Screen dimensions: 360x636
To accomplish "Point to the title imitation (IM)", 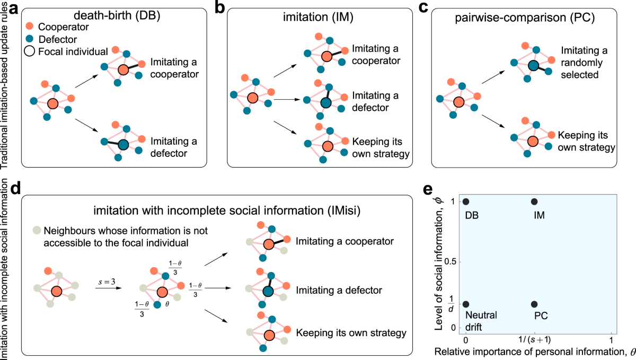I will coord(321,16).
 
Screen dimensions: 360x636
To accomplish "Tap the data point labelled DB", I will coord(466,201).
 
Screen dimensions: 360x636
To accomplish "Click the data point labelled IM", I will coord(534,201).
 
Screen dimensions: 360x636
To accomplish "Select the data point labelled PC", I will coord(534,304).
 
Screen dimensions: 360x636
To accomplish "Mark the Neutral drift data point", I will coord(466,304).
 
